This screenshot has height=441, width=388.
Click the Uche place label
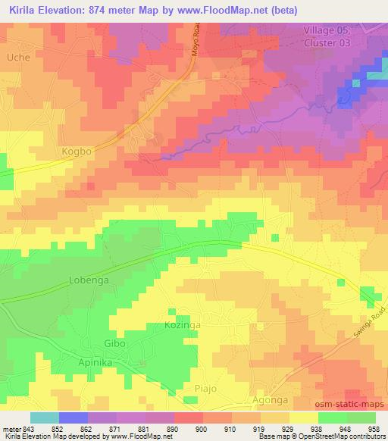(x=17, y=58)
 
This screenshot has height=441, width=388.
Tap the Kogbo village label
(x=76, y=152)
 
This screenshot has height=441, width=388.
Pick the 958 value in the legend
(x=374, y=428)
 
